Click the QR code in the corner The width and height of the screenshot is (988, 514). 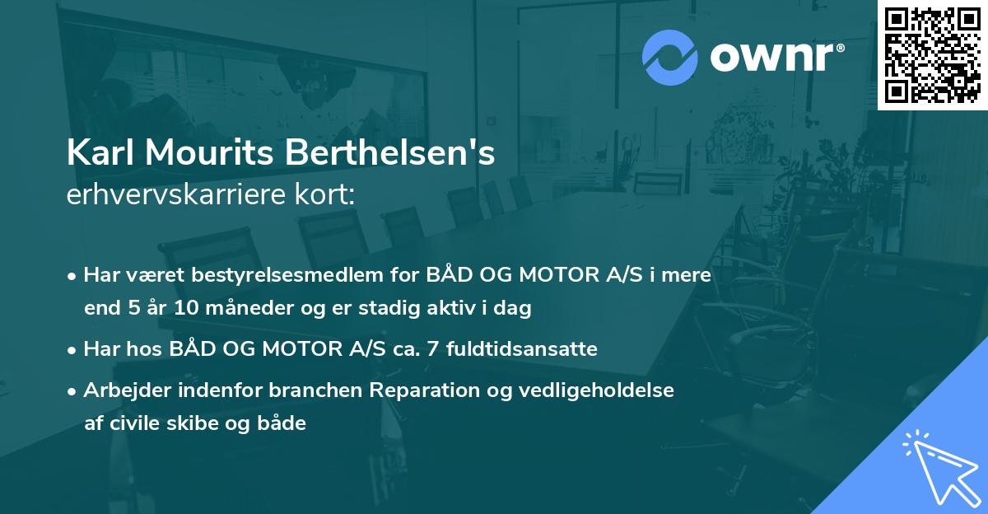pos(932,54)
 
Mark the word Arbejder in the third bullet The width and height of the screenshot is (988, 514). pos(121,390)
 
